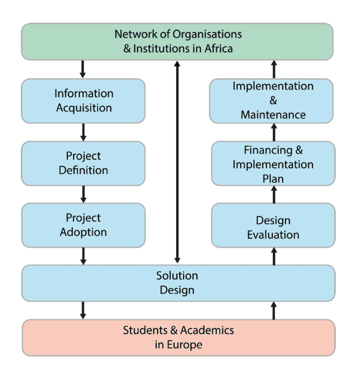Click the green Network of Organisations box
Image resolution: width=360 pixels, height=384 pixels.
(x=177, y=41)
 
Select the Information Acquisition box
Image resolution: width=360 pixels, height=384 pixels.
(x=83, y=101)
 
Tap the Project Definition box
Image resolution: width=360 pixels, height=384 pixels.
(x=83, y=163)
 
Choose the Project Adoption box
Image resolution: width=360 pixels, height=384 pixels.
(x=83, y=225)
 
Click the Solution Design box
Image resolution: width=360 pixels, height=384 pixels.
(x=177, y=283)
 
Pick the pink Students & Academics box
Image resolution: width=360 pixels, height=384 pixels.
(x=178, y=337)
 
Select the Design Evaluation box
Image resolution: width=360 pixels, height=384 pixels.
(x=273, y=227)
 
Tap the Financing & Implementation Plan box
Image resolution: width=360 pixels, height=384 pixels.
(x=273, y=164)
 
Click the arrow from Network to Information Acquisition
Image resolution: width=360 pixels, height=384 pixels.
(x=83, y=69)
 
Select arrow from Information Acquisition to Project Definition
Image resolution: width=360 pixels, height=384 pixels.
(x=83, y=132)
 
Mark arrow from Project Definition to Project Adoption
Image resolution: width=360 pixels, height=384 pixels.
(x=83, y=194)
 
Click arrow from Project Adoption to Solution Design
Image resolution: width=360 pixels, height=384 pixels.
(x=83, y=256)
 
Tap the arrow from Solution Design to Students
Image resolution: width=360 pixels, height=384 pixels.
(x=83, y=310)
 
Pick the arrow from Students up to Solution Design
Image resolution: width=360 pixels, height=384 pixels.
(x=273, y=310)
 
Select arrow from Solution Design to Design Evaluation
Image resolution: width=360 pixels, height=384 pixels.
(x=273, y=256)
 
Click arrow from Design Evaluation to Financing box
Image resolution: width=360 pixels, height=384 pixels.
(x=273, y=194)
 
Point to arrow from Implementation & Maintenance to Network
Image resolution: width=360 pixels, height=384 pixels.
(x=273, y=69)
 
